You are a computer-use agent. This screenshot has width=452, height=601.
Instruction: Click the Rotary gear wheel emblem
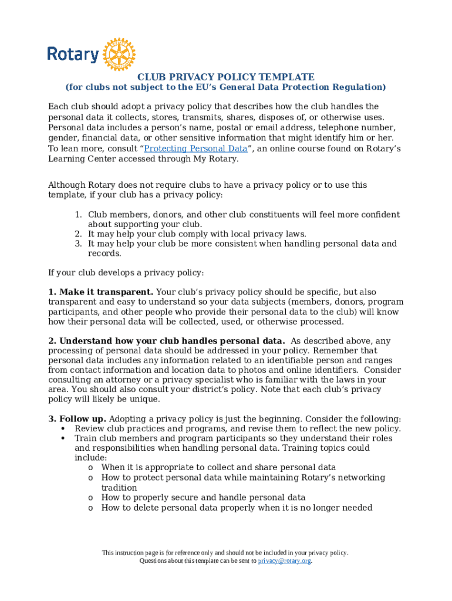tap(119, 55)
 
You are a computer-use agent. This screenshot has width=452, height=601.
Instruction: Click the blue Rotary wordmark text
tap(73, 55)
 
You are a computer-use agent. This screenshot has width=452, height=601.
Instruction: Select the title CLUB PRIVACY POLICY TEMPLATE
tap(225, 77)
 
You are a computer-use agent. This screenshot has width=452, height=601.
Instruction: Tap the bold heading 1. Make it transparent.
tap(100, 292)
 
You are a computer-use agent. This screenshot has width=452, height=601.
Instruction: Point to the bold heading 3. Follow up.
tap(77, 418)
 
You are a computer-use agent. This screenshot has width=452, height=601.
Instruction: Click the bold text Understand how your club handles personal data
tap(167, 341)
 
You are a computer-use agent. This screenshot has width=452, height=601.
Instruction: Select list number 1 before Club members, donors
tap(77, 215)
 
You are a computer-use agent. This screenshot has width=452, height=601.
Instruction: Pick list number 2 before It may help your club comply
tap(77, 234)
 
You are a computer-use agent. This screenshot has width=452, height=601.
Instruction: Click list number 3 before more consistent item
tap(77, 244)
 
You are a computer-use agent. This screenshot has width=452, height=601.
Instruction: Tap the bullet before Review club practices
tap(63, 428)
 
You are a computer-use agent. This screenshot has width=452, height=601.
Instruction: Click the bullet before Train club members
tap(63, 438)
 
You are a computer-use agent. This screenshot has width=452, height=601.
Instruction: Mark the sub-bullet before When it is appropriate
tap(90, 468)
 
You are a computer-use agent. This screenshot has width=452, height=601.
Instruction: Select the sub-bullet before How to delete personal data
tap(90, 508)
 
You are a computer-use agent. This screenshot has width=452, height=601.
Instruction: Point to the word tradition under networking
tap(119, 488)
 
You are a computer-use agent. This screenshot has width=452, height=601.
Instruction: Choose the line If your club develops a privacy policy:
tap(126, 272)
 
